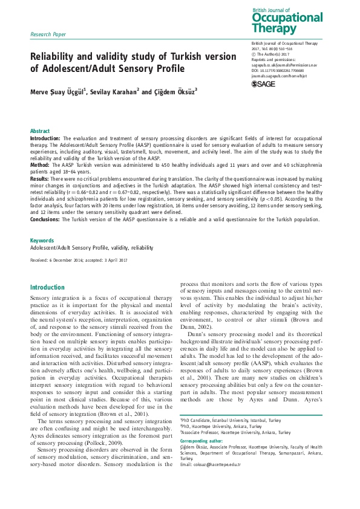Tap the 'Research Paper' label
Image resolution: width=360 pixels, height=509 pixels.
click(x=48, y=34)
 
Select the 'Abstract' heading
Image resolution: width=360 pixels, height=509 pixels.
click(x=40, y=131)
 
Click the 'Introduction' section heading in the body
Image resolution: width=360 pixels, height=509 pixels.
click(x=47, y=287)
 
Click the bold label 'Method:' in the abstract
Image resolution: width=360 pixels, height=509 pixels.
click(x=41, y=164)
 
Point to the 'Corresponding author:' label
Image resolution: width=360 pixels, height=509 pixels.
click(x=203, y=441)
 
